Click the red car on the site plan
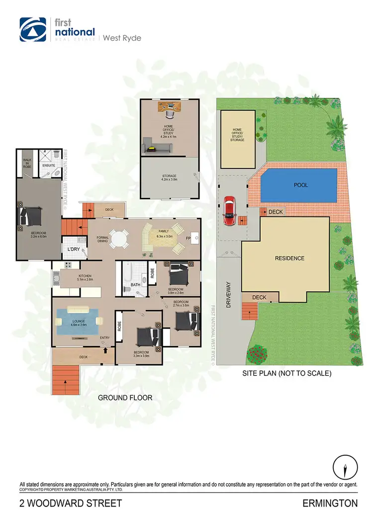point(229,211)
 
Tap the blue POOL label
point(300,185)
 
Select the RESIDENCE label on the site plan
point(290,258)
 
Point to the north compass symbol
point(344,466)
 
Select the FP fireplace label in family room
point(188,238)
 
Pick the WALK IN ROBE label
point(27,163)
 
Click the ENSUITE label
point(48,165)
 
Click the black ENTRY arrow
point(105,350)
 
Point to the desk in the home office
point(169,106)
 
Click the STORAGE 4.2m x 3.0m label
point(170,177)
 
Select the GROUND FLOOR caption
point(125,397)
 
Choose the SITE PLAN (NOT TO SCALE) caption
point(286,373)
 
